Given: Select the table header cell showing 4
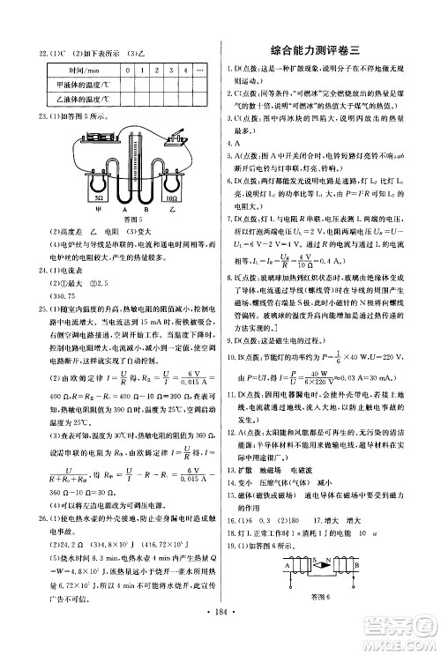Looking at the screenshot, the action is click(184, 69).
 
